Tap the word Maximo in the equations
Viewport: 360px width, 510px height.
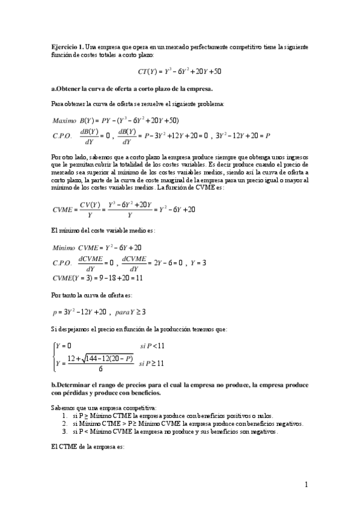64,120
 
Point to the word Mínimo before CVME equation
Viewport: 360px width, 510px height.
64,247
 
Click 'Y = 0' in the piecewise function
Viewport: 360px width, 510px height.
63,346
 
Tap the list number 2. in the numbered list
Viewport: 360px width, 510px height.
66,423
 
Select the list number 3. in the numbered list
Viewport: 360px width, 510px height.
66,431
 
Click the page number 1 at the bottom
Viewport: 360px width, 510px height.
306,484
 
